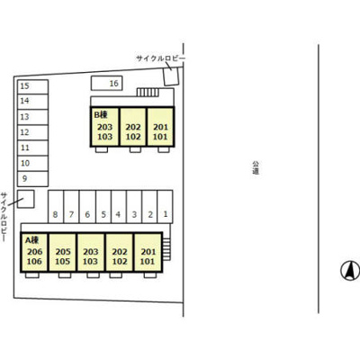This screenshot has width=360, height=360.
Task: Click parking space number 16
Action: pyautogui.click(x=107, y=83)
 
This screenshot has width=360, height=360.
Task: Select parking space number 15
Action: pyautogui.click(x=32, y=86)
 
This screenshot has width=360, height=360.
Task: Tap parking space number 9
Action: pyautogui.click(x=32, y=179)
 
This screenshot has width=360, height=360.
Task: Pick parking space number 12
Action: pyautogui.click(x=32, y=132)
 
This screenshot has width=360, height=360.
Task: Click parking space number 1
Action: pyautogui.click(x=165, y=207)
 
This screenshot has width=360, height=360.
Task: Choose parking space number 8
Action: pyautogui.click(x=56, y=207)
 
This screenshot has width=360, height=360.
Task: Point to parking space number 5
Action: pyautogui.click(x=103, y=207)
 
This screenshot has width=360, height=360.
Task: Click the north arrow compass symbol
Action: pyautogui.click(x=350, y=271)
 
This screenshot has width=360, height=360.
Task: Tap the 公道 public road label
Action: pyautogui.click(x=256, y=167)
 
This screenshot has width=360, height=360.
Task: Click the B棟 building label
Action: pyautogui.click(x=101, y=114)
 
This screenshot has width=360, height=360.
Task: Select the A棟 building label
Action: pyautogui.click(x=31, y=240)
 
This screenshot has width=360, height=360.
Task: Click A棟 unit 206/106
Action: pyautogui.click(x=34, y=252)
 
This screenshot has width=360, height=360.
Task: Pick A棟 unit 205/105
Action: pyautogui.click(x=62, y=252)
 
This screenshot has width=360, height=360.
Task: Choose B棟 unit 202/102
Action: pyautogui.click(x=133, y=127)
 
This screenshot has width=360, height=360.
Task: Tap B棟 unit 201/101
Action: pyautogui.click(x=160, y=127)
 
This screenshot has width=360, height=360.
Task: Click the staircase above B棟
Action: pyautogui.click(x=148, y=93)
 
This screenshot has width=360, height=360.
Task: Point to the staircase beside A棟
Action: pyautogui.click(x=166, y=249)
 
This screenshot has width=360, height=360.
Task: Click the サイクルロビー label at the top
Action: pyautogui.click(x=160, y=58)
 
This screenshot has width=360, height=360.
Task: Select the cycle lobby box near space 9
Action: pyautogui.click(x=25, y=199)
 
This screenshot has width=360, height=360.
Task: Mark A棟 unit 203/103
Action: pyautogui.click(x=91, y=252)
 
